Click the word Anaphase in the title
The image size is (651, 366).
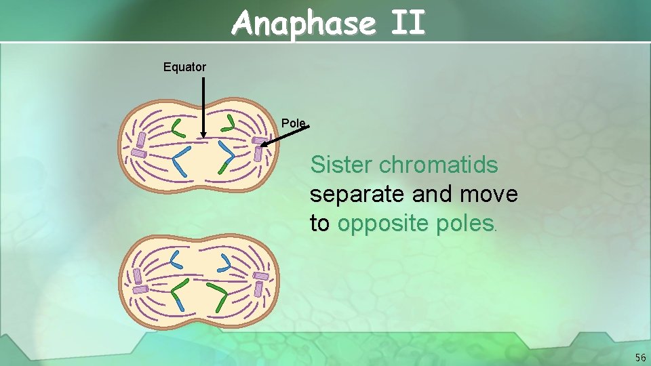click(x=302, y=24)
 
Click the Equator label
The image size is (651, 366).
click(x=184, y=67)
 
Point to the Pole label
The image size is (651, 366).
click(x=294, y=123)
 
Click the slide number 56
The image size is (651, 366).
click(x=640, y=357)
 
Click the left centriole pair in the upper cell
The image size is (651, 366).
click(x=139, y=145)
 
